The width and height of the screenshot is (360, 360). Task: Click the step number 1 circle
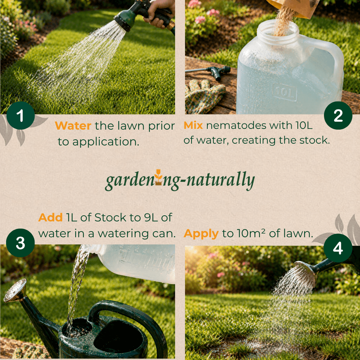20,116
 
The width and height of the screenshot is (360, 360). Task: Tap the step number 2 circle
338,116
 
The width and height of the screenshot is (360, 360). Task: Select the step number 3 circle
20,243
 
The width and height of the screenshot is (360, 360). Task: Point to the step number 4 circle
338,248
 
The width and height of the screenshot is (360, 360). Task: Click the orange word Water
73,126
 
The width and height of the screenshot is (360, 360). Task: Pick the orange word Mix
193,126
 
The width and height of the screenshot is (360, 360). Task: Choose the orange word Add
50,217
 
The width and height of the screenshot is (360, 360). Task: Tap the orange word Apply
201,234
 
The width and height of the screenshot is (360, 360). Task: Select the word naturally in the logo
223,181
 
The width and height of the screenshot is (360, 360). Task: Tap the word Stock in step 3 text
110,217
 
